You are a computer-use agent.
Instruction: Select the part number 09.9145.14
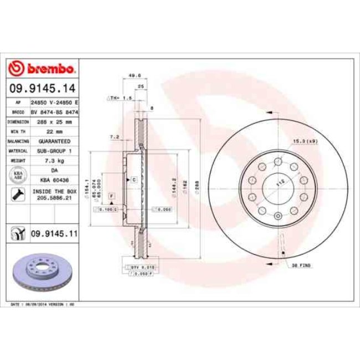[42, 88]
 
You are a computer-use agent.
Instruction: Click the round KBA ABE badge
[17, 176]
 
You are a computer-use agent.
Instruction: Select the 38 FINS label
[301, 266]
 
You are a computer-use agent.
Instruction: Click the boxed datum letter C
[133, 180]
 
